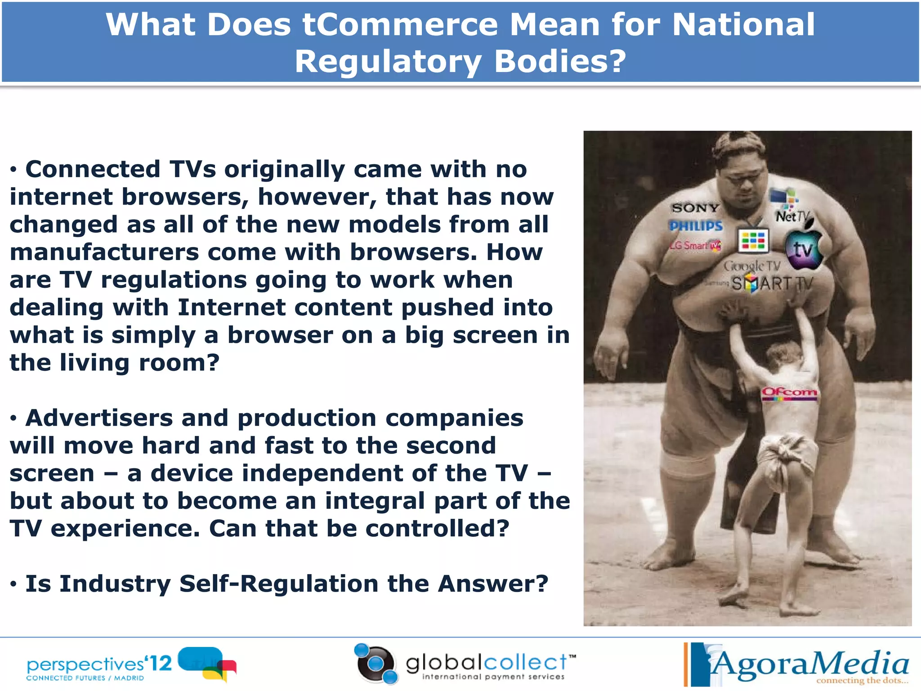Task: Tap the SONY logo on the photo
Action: (695, 208)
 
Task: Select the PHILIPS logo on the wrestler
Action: (695, 226)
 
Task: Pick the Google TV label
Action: (751, 266)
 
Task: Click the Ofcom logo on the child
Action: (789, 392)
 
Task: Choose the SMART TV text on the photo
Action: (772, 284)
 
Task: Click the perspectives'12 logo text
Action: (99, 664)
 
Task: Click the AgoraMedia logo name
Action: (809, 664)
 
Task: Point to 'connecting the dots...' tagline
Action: (862, 681)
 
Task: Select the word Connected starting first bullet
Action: (93, 170)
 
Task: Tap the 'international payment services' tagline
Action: (493, 677)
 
